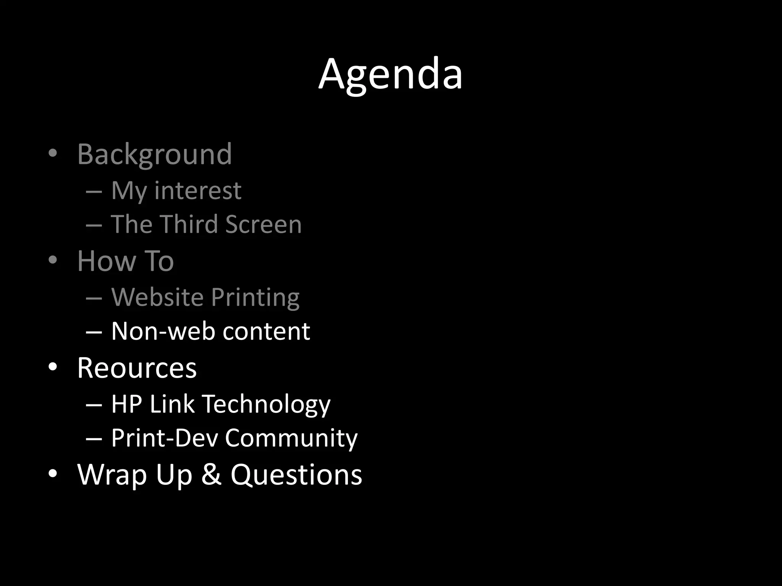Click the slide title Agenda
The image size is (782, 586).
pos(390,74)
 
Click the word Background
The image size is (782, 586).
pos(155,155)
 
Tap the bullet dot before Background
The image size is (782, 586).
pos(53,153)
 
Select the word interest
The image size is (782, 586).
pos(198,190)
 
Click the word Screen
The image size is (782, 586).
pos(263,224)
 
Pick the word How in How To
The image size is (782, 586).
pos(107,261)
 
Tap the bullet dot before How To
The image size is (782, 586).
pos(53,260)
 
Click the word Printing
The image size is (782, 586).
pos(255,298)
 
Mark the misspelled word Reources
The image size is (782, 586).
pos(137,368)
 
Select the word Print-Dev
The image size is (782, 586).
pos(165,438)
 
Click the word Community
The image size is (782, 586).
pos(291,438)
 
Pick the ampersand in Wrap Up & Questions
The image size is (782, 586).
pos(211,475)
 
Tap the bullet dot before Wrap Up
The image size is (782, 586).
pos(53,473)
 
